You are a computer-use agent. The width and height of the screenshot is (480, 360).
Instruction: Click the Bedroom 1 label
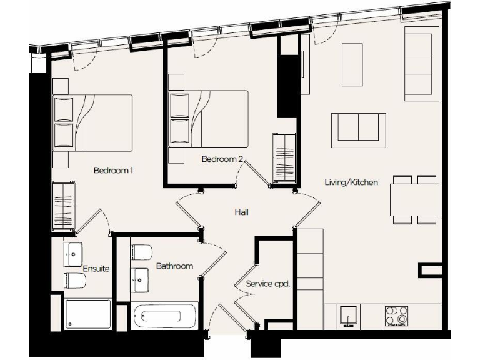pos(114,171)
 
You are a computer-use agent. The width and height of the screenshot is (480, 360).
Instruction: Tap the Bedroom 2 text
pos(222,159)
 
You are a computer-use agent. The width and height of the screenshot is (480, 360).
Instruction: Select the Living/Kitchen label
pos(351,182)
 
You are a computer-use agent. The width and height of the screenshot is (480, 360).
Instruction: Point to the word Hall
pos(242,212)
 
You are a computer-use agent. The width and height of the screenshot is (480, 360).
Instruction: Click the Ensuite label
pos(97,269)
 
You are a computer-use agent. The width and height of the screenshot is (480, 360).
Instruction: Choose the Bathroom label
pos(174,266)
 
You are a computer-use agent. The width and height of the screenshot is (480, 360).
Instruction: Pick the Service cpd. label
pos(268,284)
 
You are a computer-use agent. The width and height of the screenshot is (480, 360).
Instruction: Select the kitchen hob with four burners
pos(396,316)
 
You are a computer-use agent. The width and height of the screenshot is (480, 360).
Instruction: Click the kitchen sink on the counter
pos(347,316)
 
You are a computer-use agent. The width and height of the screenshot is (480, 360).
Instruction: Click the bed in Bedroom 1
pos(93,122)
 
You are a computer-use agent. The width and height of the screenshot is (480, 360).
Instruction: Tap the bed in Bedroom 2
pos(209,119)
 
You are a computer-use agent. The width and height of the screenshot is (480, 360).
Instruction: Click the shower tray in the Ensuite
pos(88,314)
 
